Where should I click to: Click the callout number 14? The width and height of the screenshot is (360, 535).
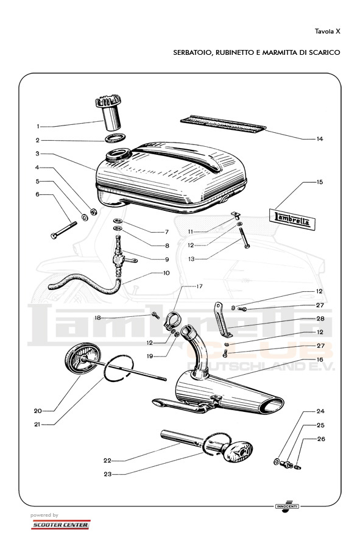click(319, 139)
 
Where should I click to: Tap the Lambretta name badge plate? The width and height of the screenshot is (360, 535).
click(292, 219)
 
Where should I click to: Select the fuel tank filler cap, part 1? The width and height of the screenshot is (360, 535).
click(108, 113)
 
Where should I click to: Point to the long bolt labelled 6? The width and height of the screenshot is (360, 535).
click(64, 230)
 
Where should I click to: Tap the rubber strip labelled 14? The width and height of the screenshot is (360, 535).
click(223, 124)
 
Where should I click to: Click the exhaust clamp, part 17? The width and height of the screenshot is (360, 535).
click(171, 321)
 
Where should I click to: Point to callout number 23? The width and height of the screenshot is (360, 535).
click(107, 474)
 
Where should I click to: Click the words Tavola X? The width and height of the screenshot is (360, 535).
click(327, 32)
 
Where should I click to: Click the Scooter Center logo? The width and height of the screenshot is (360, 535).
click(60, 525)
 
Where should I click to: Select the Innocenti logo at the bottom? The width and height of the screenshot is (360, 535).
click(287, 506)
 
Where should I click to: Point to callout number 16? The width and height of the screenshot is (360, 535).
click(320, 360)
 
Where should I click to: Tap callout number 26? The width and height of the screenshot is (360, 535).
click(321, 439)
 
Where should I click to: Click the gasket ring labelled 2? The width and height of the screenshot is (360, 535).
click(115, 138)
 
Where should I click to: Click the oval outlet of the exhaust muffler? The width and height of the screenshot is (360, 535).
click(272, 405)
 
